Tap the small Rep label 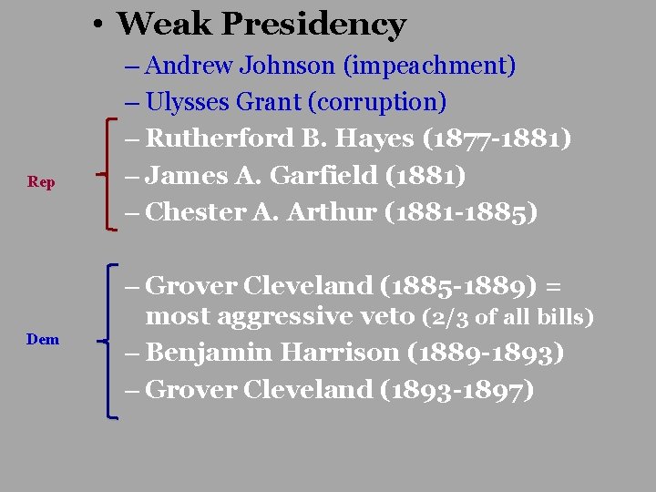tap(41, 182)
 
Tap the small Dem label tap(43, 340)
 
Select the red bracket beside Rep tap(109, 174)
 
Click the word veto tap(388, 317)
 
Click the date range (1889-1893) tap(485, 353)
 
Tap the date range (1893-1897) tap(456, 389)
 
